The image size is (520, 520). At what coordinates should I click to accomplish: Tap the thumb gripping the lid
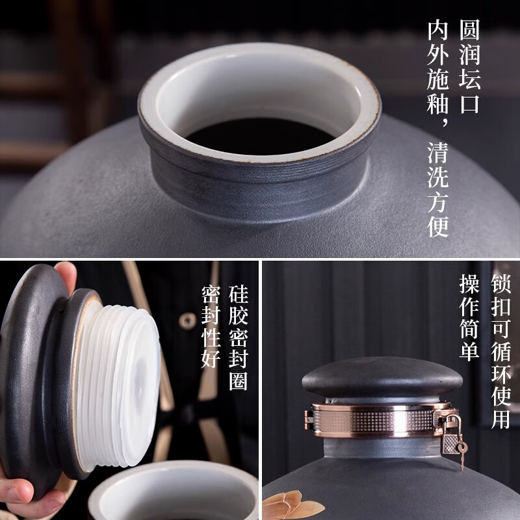coord(66,276)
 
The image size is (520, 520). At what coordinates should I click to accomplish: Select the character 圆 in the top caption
coord(470,30)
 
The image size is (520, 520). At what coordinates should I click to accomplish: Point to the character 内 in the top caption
coord(437,30)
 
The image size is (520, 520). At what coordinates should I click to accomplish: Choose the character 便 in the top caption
coord(437,226)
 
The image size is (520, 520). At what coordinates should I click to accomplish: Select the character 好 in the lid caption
coord(211,358)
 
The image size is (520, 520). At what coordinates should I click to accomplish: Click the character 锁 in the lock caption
coord(501,284)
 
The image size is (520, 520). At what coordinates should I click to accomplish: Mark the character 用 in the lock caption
coord(501,419)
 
